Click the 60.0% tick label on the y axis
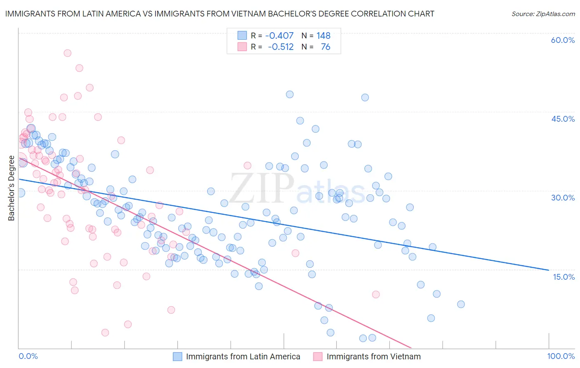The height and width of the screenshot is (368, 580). point(563,40)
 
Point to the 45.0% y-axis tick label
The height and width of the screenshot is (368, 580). point(563,119)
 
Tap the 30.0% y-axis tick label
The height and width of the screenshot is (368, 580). point(563,198)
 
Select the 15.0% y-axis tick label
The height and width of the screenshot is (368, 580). point(563,276)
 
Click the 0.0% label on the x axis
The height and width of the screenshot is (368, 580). point(28,356)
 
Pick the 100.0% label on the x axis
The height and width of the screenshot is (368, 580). point(561,356)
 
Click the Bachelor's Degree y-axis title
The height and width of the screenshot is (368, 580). point(11,188)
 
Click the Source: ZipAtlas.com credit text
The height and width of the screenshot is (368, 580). point(543,14)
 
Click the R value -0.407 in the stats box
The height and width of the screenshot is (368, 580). point(279,36)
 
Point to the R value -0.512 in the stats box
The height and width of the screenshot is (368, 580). point(281,47)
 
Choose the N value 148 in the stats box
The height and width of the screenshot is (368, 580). point(323,36)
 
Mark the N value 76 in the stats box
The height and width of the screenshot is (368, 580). point(325,47)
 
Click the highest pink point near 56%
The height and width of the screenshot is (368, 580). point(67,53)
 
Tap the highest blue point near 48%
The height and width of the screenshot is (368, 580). point(290,94)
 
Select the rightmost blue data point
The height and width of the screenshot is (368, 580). point(461,304)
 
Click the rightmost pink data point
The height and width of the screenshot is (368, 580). point(375,294)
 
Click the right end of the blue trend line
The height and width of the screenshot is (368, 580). point(549,270)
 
